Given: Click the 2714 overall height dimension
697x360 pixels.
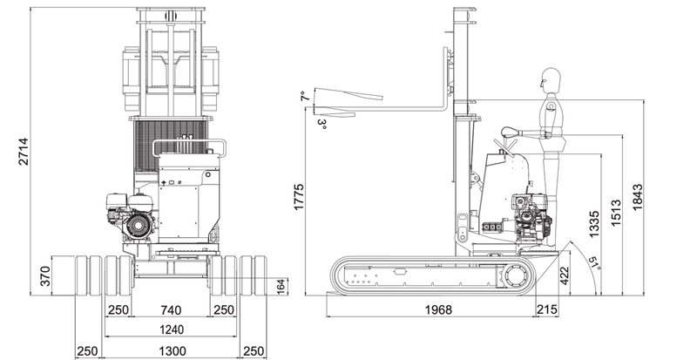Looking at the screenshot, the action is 24,152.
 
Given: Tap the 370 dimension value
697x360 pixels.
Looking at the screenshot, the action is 45,276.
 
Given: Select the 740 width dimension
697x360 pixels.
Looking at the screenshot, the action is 171,309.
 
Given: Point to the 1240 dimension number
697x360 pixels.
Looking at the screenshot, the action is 171,329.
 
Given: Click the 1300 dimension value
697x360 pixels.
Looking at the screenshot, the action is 173,351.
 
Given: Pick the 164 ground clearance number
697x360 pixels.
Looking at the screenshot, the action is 281,287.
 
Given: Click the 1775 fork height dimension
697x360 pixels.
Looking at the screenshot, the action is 299,196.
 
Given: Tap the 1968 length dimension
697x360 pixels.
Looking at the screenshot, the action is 438,309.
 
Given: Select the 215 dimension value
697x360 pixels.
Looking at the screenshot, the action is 547,309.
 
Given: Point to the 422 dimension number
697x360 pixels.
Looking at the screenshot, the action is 564,275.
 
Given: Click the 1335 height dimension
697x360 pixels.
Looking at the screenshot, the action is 594,224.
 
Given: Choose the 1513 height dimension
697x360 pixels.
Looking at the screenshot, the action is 616,213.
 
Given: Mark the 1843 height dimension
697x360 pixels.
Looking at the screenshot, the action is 638,197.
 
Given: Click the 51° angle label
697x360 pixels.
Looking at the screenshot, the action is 594,263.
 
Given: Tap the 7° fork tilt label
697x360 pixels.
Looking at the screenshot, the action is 304,96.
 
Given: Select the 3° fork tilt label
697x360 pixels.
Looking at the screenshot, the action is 322,124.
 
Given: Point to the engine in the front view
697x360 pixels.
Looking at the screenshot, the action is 132,216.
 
